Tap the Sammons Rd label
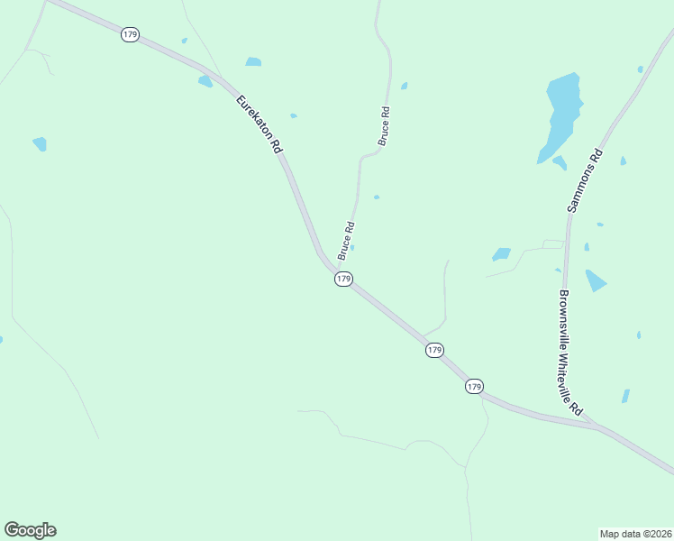(x=584, y=180)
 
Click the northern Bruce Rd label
(x=384, y=126)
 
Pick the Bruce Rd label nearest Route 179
(x=346, y=241)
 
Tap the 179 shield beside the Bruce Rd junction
(x=343, y=280)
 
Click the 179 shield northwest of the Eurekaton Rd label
(x=130, y=34)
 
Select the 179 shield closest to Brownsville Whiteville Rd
(x=475, y=386)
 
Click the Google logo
(x=30, y=530)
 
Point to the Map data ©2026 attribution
(x=636, y=534)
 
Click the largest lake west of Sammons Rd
(x=561, y=113)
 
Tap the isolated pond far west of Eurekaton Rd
(x=40, y=143)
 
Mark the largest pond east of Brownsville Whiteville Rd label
(x=595, y=280)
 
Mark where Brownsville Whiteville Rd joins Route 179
(x=594, y=424)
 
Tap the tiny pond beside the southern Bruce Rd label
(x=352, y=248)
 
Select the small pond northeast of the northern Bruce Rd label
(x=404, y=87)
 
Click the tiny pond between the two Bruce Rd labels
(x=376, y=197)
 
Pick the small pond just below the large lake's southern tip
(x=560, y=163)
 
